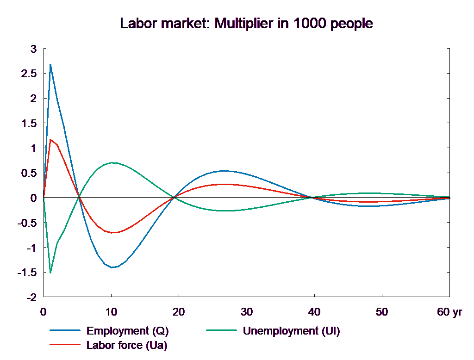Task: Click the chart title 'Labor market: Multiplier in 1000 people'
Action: [x=247, y=23]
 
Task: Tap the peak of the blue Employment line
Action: [x=50, y=64]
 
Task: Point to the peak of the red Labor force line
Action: [x=50, y=139]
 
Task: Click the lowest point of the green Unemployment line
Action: [x=50, y=273]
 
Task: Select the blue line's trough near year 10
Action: [x=112, y=267]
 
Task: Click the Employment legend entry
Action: [x=127, y=331]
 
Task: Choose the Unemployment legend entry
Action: [x=291, y=331]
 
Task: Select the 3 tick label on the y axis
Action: [x=33, y=49]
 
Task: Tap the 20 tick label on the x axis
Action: [x=179, y=312]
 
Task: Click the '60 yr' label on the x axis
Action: [x=449, y=312]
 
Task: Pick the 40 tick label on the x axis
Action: [x=314, y=312]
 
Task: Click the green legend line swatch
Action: [x=221, y=331]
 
